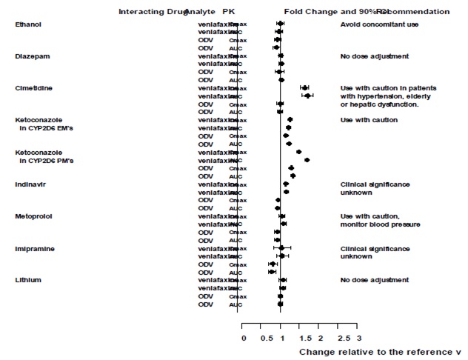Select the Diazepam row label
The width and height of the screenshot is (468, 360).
pyautogui.click(x=31, y=56)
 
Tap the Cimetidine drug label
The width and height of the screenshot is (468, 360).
pyautogui.click(x=33, y=88)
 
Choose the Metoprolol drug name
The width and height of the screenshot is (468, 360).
pyautogui.click(x=33, y=216)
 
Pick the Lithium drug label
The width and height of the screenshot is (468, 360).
pyautogui.click(x=28, y=280)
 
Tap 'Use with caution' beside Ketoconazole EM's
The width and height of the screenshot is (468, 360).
pyautogui.click(x=369, y=120)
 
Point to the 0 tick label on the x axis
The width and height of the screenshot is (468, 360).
pyautogui.click(x=244, y=338)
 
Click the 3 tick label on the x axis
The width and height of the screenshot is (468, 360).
pyautogui.click(x=358, y=338)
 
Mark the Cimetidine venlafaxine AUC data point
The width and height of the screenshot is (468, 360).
pyautogui.click(x=307, y=96)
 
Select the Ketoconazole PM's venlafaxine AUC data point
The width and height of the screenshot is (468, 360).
pyautogui.click(x=307, y=160)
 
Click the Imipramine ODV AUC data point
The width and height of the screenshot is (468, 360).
pyautogui.click(x=272, y=272)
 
